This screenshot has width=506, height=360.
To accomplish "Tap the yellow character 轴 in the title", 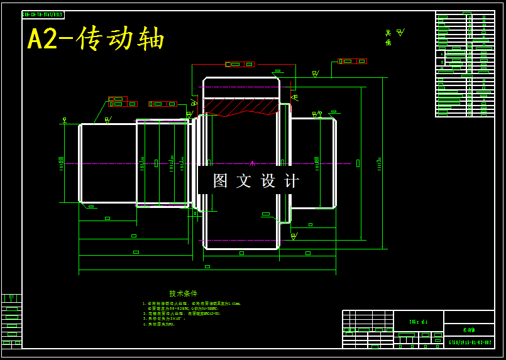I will [x=151, y=39].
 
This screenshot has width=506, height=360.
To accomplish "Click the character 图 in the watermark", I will [x=221, y=181].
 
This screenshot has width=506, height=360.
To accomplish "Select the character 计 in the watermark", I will [x=292, y=181].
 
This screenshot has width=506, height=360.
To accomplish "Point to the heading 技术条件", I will [x=183, y=293].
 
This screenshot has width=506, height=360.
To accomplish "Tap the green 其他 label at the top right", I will [x=388, y=38].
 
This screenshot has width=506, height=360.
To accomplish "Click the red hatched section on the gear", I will [x=239, y=107].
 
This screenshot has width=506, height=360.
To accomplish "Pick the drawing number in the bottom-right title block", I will [x=469, y=342].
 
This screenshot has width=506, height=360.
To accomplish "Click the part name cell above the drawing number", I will [x=469, y=329].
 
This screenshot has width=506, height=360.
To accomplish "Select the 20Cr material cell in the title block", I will [x=418, y=322].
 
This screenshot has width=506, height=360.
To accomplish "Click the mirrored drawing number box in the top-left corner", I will [x=43, y=14].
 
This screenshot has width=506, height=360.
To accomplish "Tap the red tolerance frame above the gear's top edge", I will [x=240, y=64].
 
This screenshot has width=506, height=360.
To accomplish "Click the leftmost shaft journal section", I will [x=107, y=163].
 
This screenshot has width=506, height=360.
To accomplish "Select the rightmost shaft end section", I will [x=313, y=163].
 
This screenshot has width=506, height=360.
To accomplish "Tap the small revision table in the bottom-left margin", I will [x=11, y=320].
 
